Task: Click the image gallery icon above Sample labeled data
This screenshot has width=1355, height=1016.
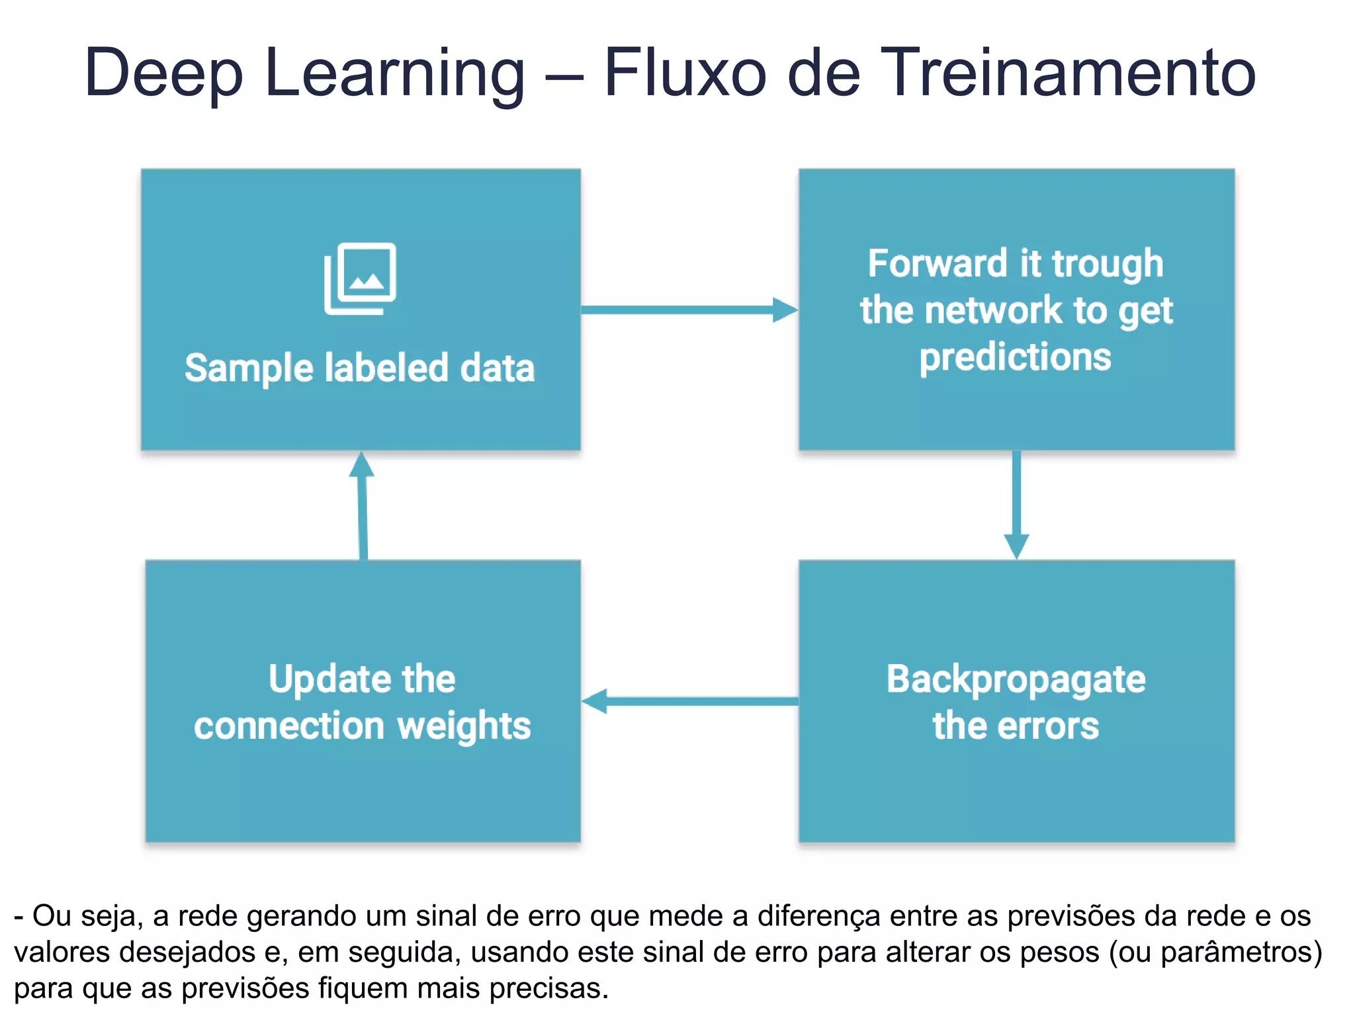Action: tap(360, 278)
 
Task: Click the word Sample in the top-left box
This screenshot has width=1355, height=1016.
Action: tap(249, 368)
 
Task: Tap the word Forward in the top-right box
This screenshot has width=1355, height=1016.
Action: tap(938, 264)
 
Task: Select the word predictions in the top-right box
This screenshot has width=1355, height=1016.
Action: tap(1015, 358)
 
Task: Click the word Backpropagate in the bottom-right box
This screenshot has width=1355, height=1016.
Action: tap(1016, 680)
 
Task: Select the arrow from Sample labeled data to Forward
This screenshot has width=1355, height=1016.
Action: tap(689, 310)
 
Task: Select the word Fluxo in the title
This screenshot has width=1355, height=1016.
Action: tap(685, 73)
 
